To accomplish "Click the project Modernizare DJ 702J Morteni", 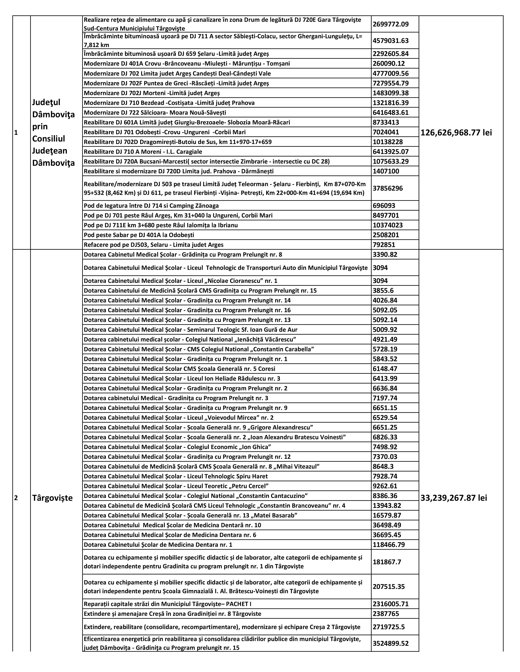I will click(152, 93).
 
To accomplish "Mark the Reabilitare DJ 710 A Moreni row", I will click(143, 152).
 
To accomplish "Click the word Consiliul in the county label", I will click(49, 139).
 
